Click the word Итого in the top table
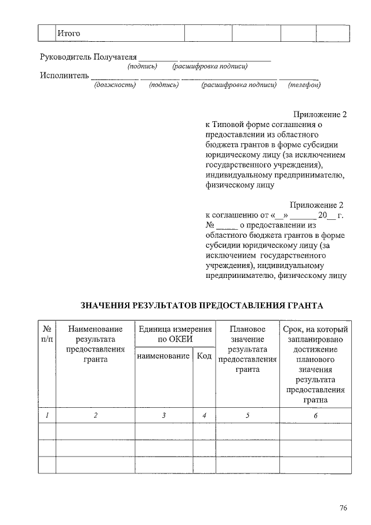(68, 33)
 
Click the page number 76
(343, 508)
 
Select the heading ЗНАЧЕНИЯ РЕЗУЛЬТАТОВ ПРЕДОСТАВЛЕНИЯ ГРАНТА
(201, 305)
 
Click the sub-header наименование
(163, 356)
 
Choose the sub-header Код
(204, 356)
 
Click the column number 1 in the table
(46, 415)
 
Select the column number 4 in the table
(204, 415)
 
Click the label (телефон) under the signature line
(304, 85)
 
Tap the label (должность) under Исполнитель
(115, 85)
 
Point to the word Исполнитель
(64, 75)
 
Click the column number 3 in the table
(164, 415)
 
